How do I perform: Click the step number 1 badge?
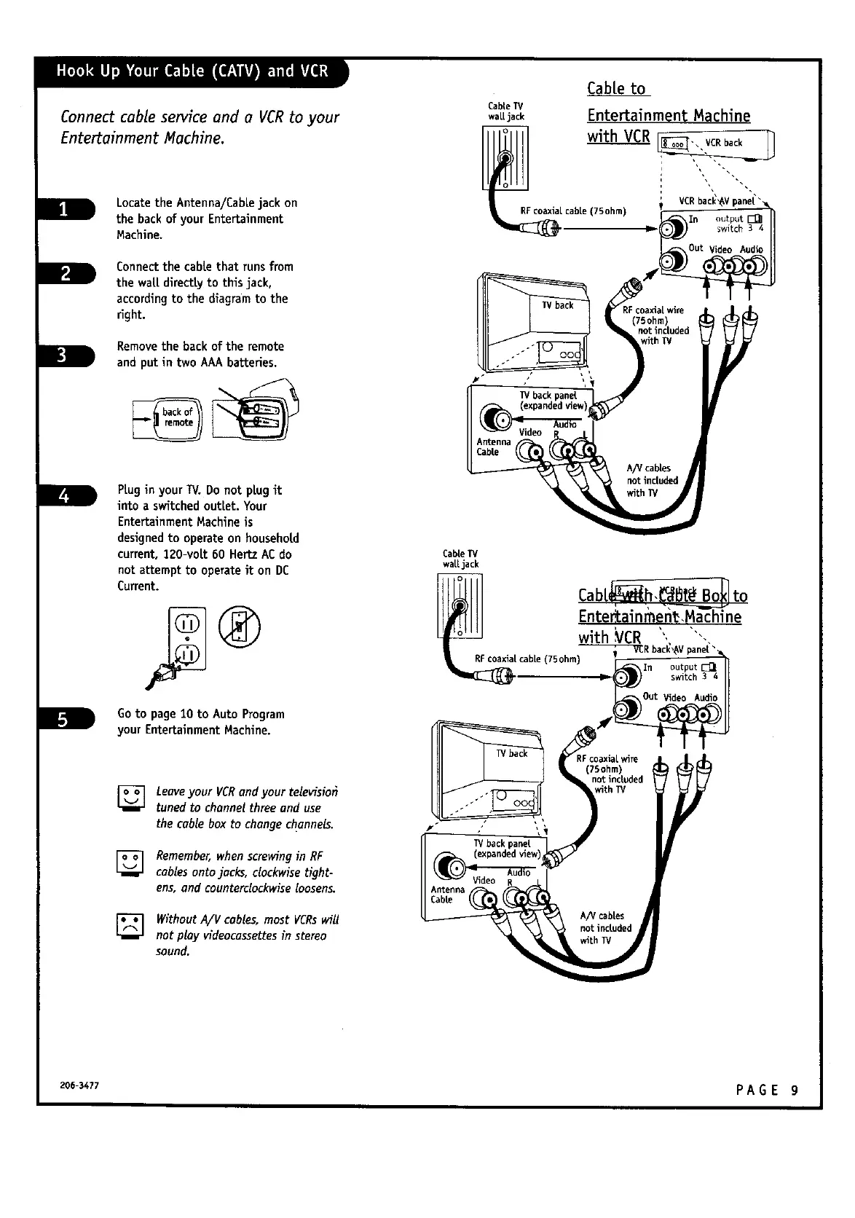[x=64, y=209]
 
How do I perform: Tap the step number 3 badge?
[x=64, y=355]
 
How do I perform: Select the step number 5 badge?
[x=64, y=719]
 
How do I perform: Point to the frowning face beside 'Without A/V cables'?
[x=133, y=927]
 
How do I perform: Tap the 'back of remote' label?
[x=178, y=417]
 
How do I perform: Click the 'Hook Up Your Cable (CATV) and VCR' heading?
[x=192, y=71]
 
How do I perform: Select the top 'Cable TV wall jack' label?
[x=506, y=111]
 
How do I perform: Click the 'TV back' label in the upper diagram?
[x=558, y=305]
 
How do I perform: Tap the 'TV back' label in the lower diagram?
[x=513, y=753]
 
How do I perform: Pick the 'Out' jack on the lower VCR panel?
[x=629, y=706]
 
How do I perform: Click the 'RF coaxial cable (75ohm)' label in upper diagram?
[x=573, y=211]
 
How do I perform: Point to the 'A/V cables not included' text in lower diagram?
[x=605, y=928]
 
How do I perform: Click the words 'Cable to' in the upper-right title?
[x=616, y=89]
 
